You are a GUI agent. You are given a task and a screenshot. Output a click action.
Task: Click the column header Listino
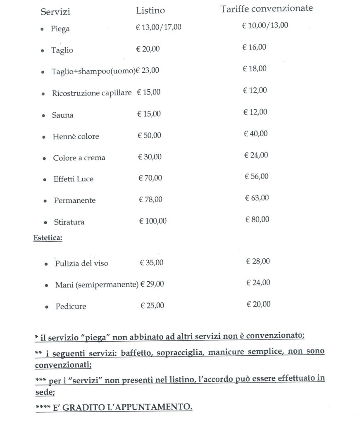pyautogui.click(x=150, y=11)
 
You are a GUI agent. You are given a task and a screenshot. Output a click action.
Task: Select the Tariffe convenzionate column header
pyautogui.click(x=267, y=9)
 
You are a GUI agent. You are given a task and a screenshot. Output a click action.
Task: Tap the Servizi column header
pyautogui.click(x=55, y=12)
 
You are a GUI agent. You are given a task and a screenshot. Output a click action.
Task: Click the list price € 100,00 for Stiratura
pyautogui.click(x=153, y=221)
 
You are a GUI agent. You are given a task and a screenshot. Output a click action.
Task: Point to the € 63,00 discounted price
pyautogui.click(x=257, y=198)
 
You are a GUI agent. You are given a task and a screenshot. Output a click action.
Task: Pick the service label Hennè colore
pyautogui.click(x=76, y=136)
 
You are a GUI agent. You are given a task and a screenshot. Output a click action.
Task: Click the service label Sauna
pyautogui.click(x=62, y=115)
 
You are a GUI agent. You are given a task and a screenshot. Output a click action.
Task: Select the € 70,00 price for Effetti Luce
pyautogui.click(x=150, y=178)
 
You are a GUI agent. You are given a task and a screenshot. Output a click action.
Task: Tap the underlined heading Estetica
pyautogui.click(x=48, y=239)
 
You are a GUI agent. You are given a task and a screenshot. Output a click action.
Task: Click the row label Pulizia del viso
pyautogui.click(x=81, y=264)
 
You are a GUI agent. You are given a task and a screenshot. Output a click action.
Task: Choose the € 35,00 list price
pyautogui.click(x=152, y=262)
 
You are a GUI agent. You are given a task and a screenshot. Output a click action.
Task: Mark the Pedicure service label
pyautogui.click(x=71, y=307)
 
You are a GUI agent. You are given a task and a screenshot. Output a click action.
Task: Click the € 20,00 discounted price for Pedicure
pyautogui.click(x=259, y=304)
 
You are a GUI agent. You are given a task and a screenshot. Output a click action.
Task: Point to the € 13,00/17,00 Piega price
pyautogui.click(x=159, y=27)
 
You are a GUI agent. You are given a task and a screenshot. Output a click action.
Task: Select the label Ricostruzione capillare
pyautogui.click(x=92, y=93)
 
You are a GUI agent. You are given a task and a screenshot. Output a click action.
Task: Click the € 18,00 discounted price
pyautogui.click(x=255, y=69)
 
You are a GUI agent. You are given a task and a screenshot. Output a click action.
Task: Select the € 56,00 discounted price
pyautogui.click(x=257, y=176)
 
